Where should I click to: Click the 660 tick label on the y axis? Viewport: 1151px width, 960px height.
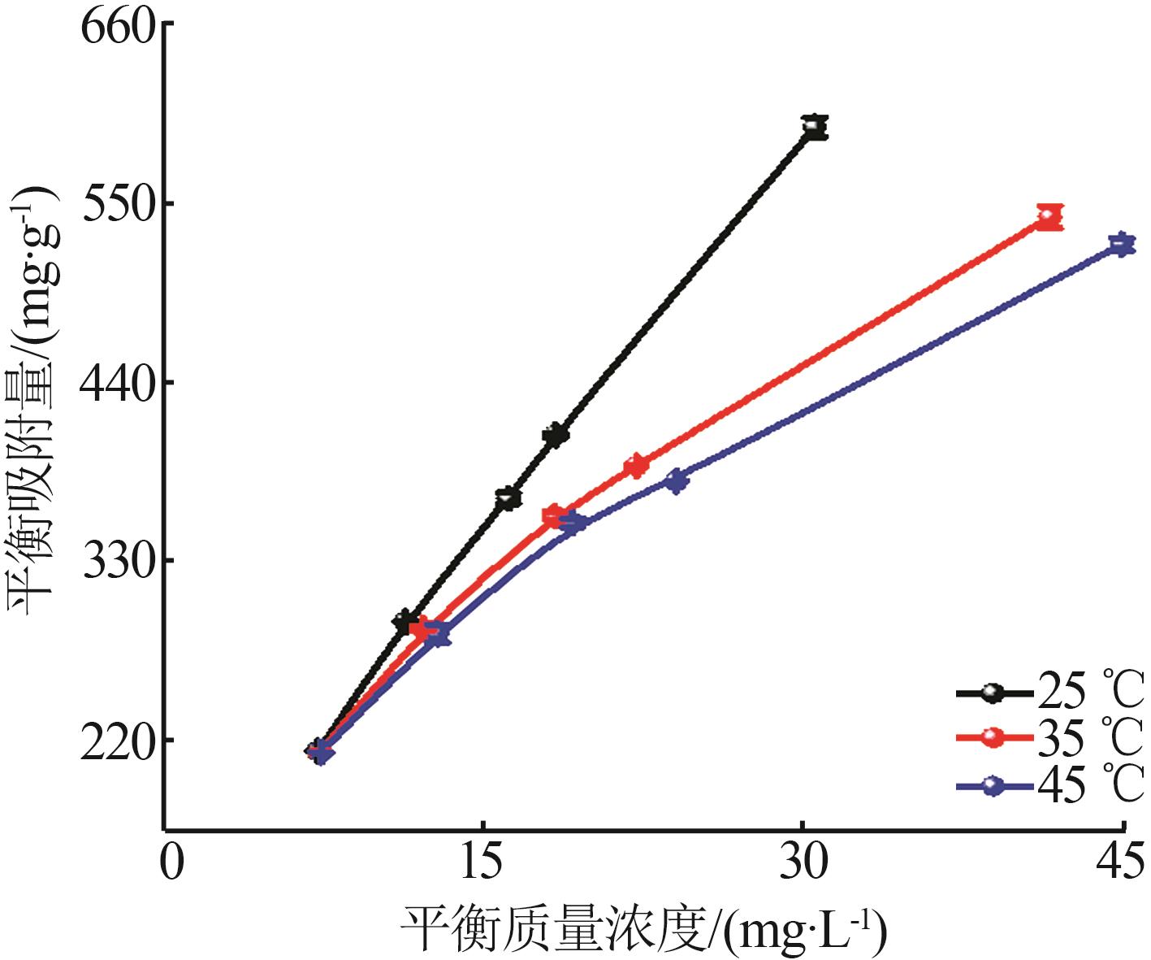coord(118,26)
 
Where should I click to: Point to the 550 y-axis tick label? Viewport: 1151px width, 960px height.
coord(118,204)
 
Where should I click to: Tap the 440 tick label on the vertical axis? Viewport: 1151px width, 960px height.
coord(118,383)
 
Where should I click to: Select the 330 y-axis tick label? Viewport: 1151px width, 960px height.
coord(118,562)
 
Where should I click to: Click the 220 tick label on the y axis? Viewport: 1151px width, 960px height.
coord(118,741)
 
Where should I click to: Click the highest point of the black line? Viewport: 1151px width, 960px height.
coord(814,128)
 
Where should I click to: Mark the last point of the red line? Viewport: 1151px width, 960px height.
coord(1049,217)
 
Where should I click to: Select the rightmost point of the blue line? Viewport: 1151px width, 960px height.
coord(1121,244)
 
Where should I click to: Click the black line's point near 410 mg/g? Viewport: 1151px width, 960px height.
coord(556,435)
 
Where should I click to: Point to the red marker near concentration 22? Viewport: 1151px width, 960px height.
coord(636,466)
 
